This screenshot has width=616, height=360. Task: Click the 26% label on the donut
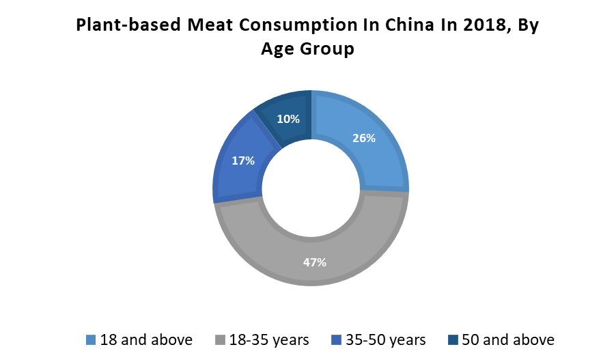click(x=364, y=138)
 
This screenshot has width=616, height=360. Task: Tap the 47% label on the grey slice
click(x=315, y=262)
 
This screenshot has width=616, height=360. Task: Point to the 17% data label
click(x=243, y=161)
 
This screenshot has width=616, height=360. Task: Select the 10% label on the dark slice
click(x=288, y=119)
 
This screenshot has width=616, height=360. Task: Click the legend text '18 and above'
click(x=146, y=340)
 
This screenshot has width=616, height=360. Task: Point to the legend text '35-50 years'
click(x=387, y=340)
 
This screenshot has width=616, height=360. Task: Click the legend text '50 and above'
click(x=508, y=340)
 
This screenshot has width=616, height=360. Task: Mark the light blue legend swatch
click(x=91, y=340)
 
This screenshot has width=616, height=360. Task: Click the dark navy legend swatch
click(x=453, y=340)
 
